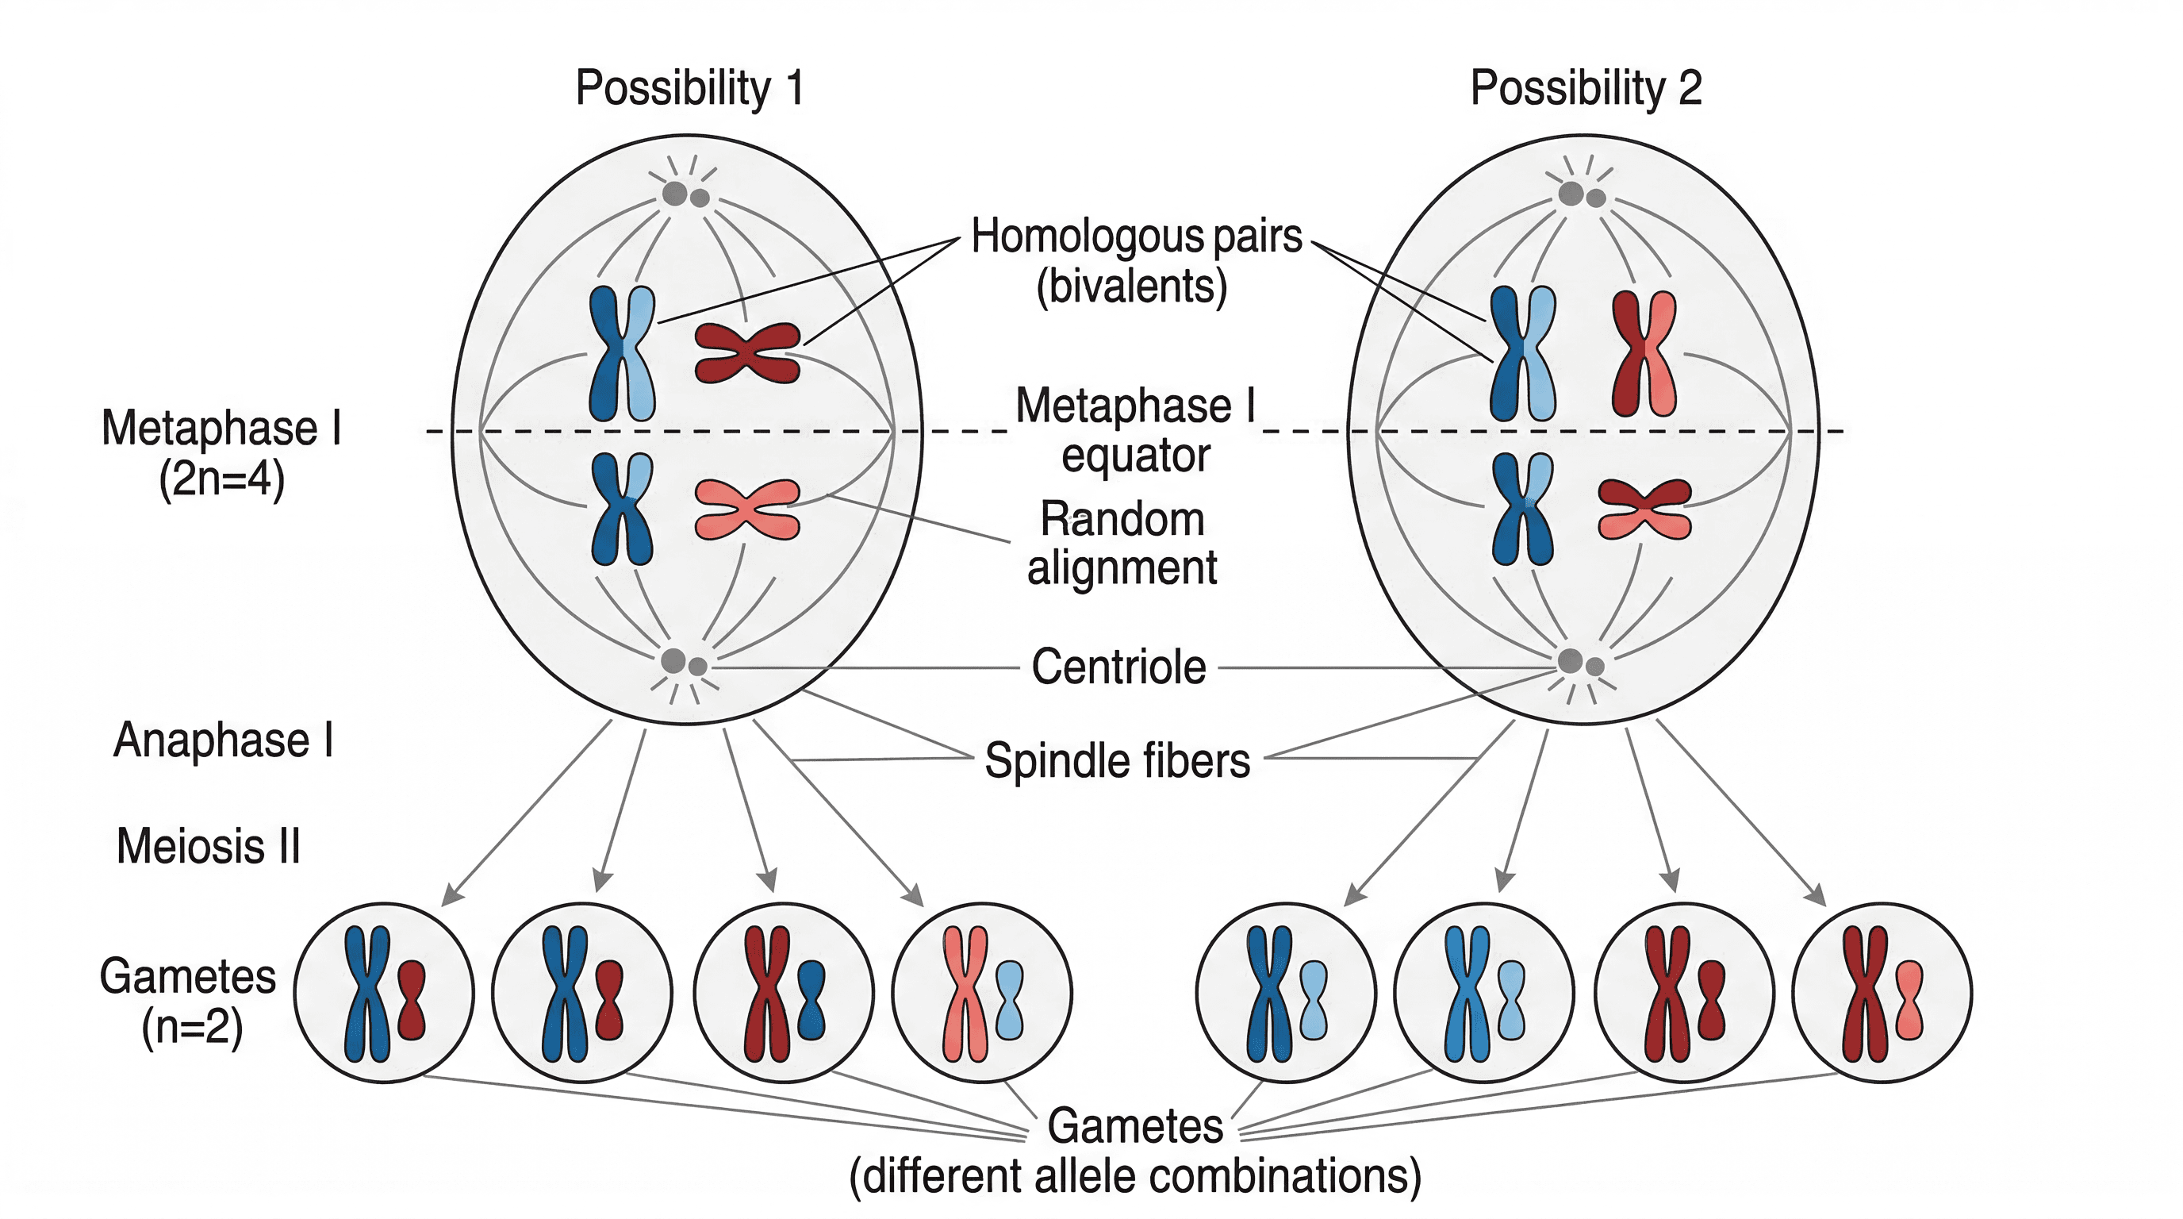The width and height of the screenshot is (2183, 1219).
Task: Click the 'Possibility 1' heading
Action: (689, 88)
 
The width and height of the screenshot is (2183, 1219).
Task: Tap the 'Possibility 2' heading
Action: (1586, 88)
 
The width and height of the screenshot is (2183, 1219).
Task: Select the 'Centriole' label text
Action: (1118, 667)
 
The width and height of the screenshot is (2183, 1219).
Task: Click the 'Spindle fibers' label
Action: (1117, 760)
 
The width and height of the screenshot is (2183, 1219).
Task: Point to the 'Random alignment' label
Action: (1122, 543)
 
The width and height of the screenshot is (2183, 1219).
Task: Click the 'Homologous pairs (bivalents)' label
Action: (1136, 260)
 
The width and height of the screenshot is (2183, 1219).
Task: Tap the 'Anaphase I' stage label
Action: (224, 740)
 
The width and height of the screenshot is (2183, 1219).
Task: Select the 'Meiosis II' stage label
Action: (209, 846)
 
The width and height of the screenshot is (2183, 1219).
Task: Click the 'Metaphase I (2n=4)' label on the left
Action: (222, 452)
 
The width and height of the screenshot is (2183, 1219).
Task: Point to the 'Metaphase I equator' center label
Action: (1136, 430)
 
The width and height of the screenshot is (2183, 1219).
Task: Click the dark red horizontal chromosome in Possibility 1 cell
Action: (747, 352)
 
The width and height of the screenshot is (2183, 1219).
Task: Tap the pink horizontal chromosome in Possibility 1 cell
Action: (747, 510)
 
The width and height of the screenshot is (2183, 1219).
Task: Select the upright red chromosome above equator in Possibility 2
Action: (1644, 352)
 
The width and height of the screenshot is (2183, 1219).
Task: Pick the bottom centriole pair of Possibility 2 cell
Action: (1580, 663)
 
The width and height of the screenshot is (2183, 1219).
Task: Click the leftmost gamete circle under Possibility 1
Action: (384, 993)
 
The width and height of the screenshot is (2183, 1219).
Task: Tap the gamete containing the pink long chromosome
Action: (982, 993)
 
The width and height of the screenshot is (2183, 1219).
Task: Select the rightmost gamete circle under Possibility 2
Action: (1882, 993)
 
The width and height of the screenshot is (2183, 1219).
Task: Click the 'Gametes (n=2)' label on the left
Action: (188, 1001)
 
